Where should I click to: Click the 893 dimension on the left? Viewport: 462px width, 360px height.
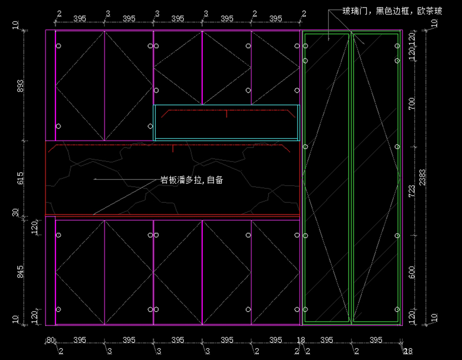tap(20, 85)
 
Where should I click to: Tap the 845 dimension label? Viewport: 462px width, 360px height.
tap(20, 271)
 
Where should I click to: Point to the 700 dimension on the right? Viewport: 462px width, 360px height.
tap(412, 103)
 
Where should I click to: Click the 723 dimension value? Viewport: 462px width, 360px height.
tap(412, 191)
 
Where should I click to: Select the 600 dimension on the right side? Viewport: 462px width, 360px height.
tap(412, 273)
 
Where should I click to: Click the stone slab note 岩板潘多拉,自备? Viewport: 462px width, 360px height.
tap(191, 180)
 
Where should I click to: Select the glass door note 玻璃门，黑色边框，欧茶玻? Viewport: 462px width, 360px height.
tap(392, 11)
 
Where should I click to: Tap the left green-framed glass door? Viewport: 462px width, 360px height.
tap(326, 177)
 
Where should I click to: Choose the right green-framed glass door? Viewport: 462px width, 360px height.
tap(375, 177)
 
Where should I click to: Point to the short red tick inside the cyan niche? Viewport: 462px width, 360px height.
tap(226, 113)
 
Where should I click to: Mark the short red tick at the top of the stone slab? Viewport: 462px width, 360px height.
tap(173, 148)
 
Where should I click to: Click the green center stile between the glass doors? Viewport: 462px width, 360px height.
tap(351, 177)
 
